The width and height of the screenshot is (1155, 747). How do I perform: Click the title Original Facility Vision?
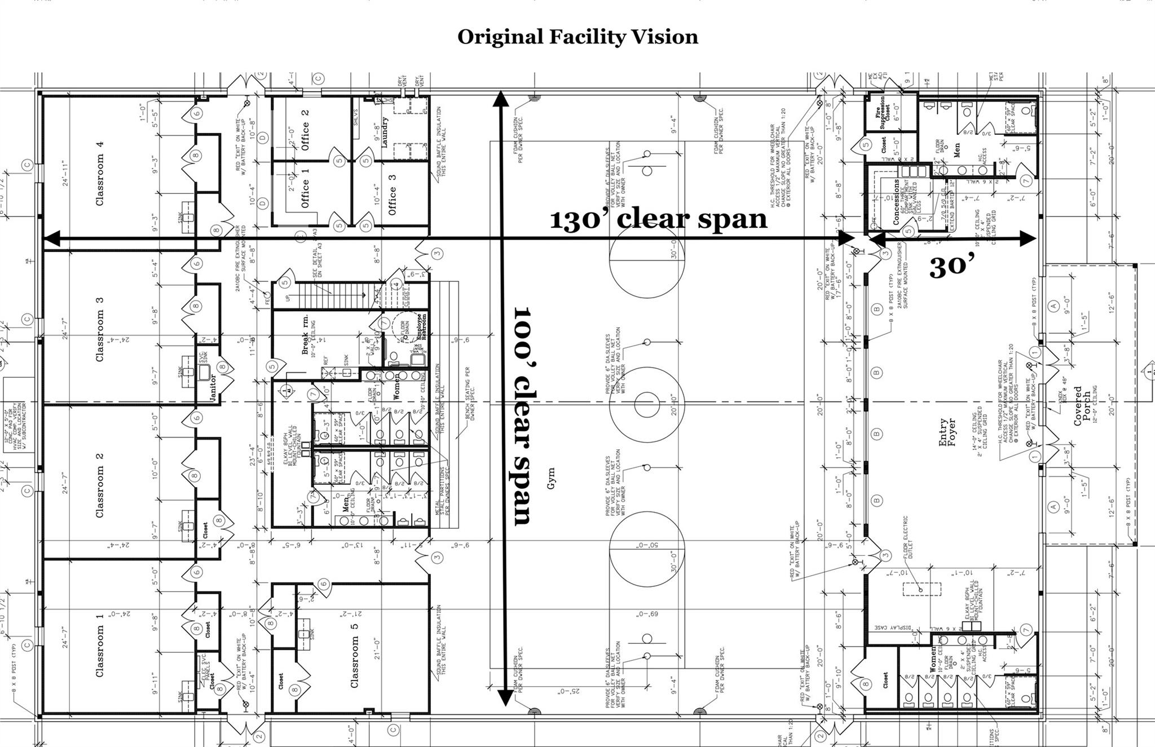point(577,37)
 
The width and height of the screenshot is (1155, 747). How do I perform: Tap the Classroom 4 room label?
point(100,173)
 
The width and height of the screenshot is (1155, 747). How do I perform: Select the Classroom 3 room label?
point(100,329)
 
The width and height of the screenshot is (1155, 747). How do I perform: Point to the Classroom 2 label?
point(100,484)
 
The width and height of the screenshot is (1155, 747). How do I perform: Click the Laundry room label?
point(385,132)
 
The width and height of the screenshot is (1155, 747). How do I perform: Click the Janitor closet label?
point(213,387)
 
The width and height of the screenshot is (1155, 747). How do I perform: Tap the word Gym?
point(551,478)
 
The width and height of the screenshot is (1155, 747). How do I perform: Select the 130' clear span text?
point(658,219)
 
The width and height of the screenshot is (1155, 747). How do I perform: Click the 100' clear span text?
point(522,416)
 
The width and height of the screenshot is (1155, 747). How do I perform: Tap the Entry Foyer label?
point(947,432)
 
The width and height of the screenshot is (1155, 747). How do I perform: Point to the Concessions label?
point(896,202)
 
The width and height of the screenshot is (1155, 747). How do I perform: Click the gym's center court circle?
point(647,405)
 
